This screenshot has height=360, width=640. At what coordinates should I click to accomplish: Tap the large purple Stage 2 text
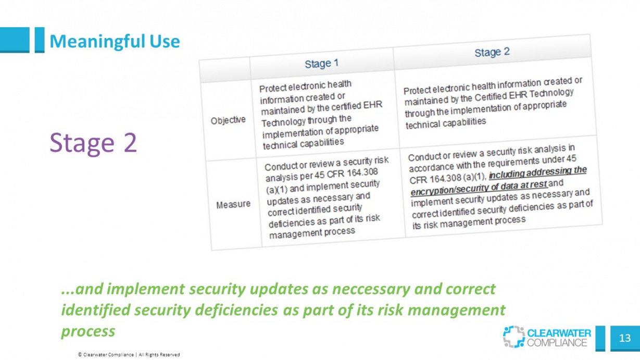[x=93, y=143]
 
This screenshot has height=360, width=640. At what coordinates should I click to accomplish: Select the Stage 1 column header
[x=321, y=64]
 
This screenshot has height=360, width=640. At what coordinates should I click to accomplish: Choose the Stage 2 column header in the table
[x=492, y=52]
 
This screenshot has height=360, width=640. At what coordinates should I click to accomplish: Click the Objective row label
[x=228, y=120]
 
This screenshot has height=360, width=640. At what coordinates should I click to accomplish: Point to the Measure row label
[x=233, y=204]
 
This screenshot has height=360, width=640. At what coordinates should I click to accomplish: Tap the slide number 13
[x=625, y=338]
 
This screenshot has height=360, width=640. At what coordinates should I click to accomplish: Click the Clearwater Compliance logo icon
[x=513, y=337]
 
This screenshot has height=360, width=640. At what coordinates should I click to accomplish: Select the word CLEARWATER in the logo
[x=559, y=333]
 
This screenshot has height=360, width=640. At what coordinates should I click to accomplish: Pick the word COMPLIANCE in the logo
[x=557, y=343]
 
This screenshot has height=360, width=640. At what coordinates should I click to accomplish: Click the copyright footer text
[x=129, y=355]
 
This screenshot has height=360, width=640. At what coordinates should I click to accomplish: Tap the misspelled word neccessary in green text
[x=371, y=289]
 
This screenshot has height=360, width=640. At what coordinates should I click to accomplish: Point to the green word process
[x=88, y=332]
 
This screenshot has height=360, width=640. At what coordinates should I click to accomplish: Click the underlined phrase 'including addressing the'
[x=538, y=172]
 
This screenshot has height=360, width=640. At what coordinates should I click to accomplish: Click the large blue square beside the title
[x=15, y=40]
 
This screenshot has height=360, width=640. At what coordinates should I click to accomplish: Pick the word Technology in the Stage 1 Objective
[x=283, y=122]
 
